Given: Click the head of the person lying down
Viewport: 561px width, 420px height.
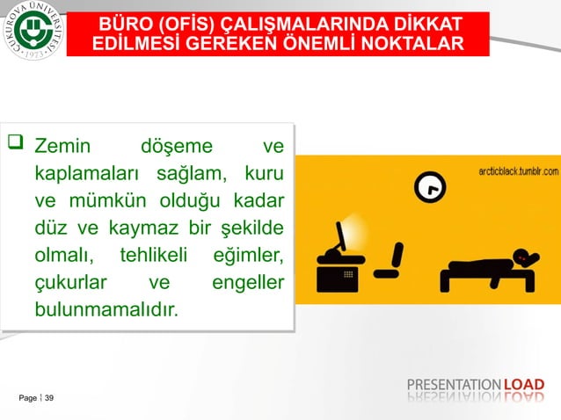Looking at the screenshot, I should (526, 257).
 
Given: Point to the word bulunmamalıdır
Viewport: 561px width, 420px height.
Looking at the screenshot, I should (106, 310).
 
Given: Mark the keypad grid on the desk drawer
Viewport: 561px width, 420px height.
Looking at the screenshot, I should (348, 273).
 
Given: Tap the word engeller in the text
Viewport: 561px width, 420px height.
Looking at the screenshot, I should (249, 282).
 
